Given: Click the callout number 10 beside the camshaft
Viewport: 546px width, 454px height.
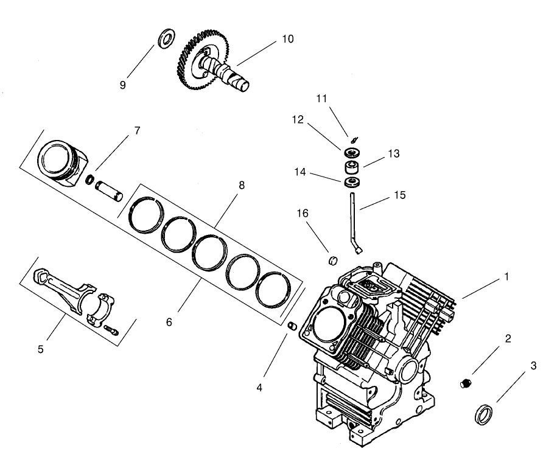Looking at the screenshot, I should click(x=287, y=39).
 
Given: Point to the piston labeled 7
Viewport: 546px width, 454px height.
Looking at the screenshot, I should click(x=59, y=160).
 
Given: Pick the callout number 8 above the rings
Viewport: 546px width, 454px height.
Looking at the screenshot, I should click(x=242, y=186).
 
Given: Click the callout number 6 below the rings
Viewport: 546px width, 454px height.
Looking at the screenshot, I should click(x=169, y=321).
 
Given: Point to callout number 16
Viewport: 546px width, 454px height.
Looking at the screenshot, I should click(x=303, y=213).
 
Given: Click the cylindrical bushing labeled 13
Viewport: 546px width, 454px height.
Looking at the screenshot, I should click(x=351, y=167).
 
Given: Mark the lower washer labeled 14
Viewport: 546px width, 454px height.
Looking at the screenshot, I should click(x=351, y=183).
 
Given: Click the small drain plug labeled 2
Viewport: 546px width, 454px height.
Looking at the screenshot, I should click(x=467, y=383).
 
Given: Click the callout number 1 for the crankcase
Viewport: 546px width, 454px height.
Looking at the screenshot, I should click(x=505, y=276).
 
